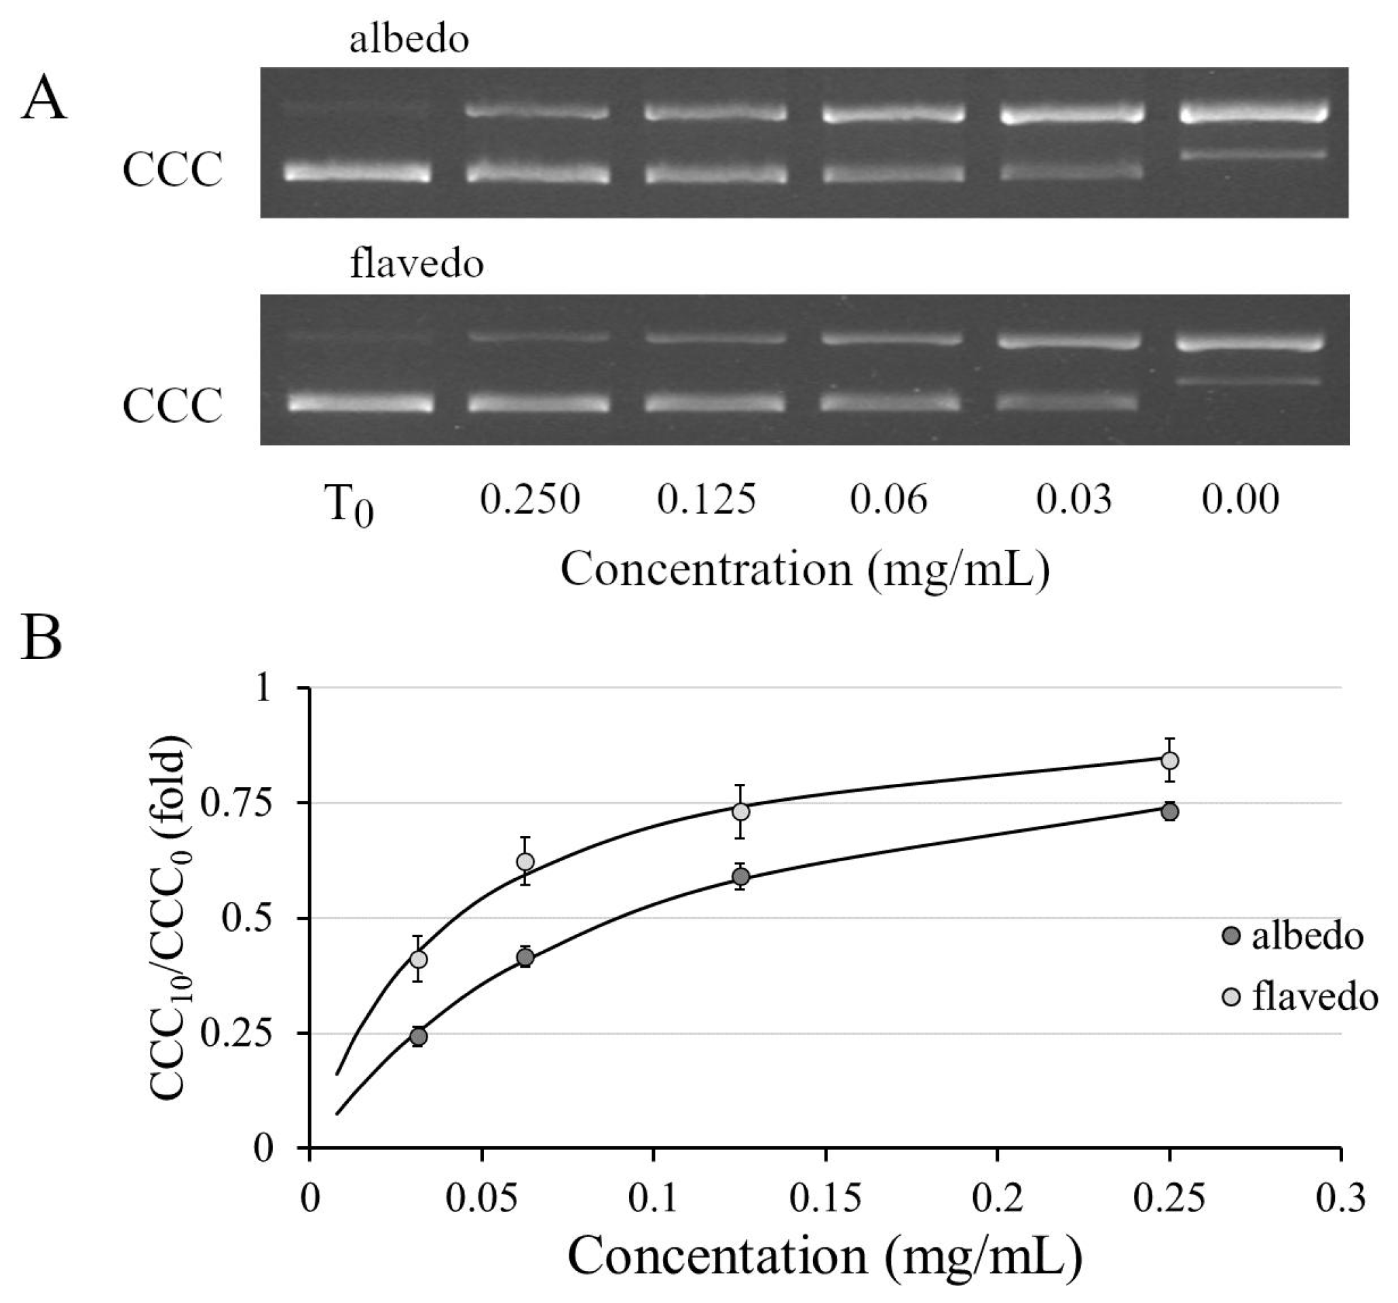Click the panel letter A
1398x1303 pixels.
tap(43, 98)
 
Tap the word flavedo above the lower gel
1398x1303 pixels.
tap(416, 265)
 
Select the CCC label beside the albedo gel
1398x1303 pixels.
tap(172, 170)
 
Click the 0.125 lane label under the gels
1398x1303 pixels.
tap(706, 499)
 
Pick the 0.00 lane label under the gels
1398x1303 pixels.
tap(1240, 499)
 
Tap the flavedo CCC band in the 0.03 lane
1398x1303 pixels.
tap(1067, 402)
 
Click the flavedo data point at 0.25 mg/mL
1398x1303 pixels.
tap(1170, 760)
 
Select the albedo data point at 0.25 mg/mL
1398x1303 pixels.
tap(1170, 812)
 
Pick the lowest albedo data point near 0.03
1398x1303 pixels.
tap(419, 1036)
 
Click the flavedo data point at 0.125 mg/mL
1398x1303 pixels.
tap(740, 812)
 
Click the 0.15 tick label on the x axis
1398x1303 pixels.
tap(825, 1199)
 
